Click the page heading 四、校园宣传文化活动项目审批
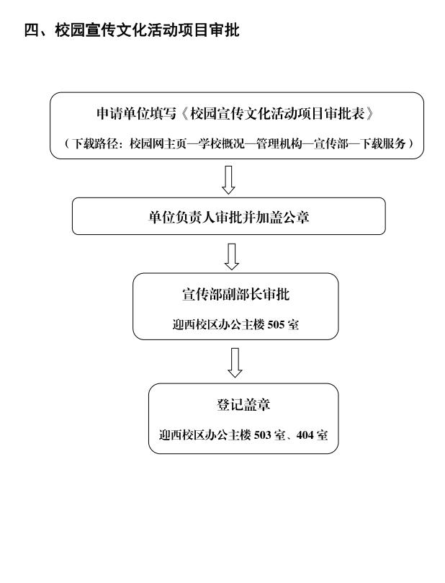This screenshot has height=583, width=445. tap(132, 30)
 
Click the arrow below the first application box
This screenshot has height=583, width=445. tap(228, 179)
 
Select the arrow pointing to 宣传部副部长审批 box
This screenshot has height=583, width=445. tap(231, 257)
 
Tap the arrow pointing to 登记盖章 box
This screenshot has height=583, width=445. tap(235, 362)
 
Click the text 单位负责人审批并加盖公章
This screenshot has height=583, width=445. tap(228, 217)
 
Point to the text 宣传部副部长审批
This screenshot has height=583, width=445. tap(235, 295)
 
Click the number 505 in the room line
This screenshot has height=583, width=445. tap(276, 325)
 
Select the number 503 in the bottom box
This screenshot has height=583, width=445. tap(262, 435)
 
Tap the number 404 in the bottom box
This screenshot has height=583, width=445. tap(305, 435)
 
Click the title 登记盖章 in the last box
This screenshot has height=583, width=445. tap(243, 404)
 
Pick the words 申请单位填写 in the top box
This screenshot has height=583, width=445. tap(136, 113)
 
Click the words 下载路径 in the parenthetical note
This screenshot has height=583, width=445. tap(95, 143)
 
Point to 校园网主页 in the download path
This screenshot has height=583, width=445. tap(158, 143)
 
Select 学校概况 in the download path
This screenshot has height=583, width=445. tap(221, 143)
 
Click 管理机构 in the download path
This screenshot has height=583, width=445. tap(279, 143)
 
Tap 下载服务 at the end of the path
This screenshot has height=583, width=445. tap(382, 143)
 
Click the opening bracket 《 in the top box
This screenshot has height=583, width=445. tap(184, 113)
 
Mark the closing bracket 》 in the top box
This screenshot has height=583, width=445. tap(369, 113)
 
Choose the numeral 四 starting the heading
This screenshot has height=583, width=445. tap(31, 30)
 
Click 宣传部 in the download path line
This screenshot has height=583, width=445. tap(331, 143)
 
